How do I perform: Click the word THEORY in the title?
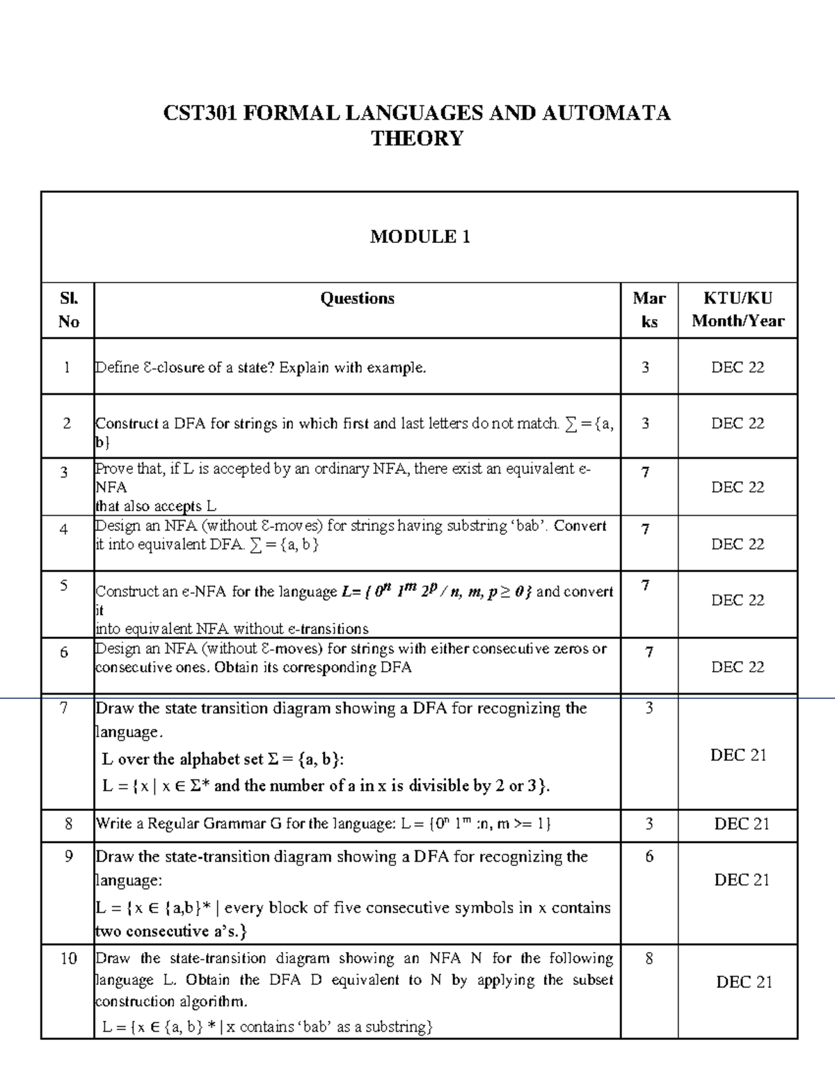(x=417, y=139)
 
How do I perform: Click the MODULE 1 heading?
(x=420, y=237)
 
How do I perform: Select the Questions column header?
(x=357, y=299)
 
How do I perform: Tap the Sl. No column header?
(x=68, y=310)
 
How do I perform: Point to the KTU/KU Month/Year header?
(x=738, y=310)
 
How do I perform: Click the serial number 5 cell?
(x=64, y=585)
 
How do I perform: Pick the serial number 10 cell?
(x=68, y=958)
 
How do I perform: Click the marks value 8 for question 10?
(x=649, y=958)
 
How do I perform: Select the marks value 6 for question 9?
(x=649, y=856)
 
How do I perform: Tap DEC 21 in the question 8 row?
(x=742, y=824)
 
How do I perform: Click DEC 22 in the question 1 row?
(x=738, y=367)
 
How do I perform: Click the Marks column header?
(x=649, y=310)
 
